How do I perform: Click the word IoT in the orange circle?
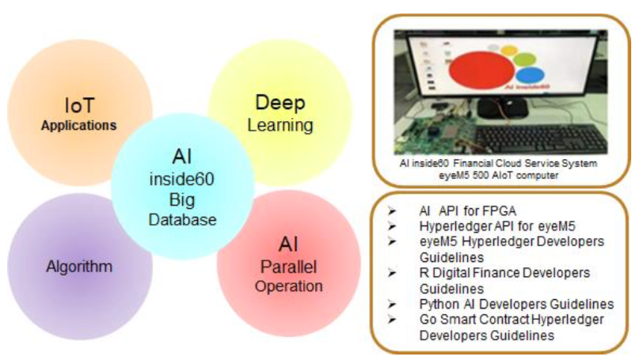pyautogui.click(x=79, y=105)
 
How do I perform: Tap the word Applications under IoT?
pyautogui.click(x=79, y=125)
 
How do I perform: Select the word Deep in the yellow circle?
pyautogui.click(x=279, y=104)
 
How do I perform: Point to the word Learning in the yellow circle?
pyautogui.click(x=280, y=125)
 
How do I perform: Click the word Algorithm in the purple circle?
pyautogui.click(x=80, y=267)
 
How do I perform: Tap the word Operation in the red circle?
pyautogui.click(x=288, y=286)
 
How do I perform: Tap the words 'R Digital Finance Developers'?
pyautogui.click(x=504, y=273)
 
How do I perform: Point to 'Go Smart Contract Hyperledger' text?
pyautogui.click(x=511, y=319)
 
